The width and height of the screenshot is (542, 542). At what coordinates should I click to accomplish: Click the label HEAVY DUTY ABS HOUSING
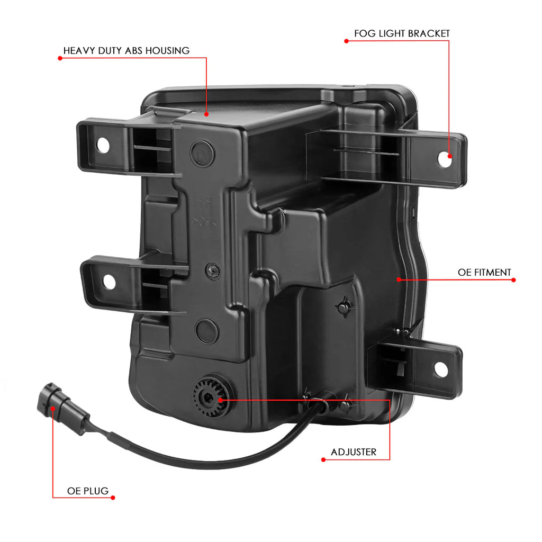126,51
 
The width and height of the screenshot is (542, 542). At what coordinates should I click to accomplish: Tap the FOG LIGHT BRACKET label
402,33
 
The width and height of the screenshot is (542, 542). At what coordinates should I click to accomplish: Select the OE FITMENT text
484,273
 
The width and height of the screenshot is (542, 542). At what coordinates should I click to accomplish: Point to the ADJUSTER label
353,452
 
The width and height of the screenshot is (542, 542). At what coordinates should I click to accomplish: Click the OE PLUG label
88,491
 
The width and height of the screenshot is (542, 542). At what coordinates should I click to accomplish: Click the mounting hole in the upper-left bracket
103,145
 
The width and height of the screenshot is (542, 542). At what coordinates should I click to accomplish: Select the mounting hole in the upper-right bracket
444,159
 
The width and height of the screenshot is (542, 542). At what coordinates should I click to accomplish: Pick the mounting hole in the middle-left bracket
109,282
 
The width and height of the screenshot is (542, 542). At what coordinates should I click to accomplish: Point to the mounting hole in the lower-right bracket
441,369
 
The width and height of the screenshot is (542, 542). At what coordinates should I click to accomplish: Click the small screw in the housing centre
213,270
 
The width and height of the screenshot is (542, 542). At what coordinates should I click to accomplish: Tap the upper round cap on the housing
202,153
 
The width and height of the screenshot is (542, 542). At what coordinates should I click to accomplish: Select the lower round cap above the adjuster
207,331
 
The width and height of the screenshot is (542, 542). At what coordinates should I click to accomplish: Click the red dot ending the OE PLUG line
113,498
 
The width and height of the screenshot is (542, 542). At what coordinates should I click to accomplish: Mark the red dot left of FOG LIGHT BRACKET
346,41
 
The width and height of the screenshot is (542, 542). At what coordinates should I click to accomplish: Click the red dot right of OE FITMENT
513,280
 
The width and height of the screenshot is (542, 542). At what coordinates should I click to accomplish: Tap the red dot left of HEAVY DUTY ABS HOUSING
60,58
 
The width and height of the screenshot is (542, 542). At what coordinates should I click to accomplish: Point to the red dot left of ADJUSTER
323,460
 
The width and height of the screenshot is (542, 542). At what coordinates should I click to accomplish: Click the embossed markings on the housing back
205,212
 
